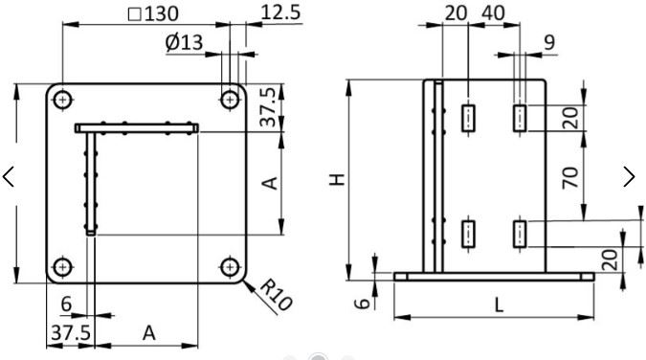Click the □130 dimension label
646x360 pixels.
tap(153, 14)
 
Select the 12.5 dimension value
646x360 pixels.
tap(281, 12)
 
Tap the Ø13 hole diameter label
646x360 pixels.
tap(184, 42)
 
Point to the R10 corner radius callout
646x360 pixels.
tap(276, 295)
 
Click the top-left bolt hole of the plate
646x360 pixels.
tap(62, 100)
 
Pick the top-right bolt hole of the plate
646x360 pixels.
tap(230, 100)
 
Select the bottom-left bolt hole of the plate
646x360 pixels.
tap(62, 267)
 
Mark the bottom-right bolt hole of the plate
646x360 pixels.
tap(230, 267)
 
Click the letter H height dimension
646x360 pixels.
tap(337, 180)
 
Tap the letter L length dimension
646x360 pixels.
tap(499, 305)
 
